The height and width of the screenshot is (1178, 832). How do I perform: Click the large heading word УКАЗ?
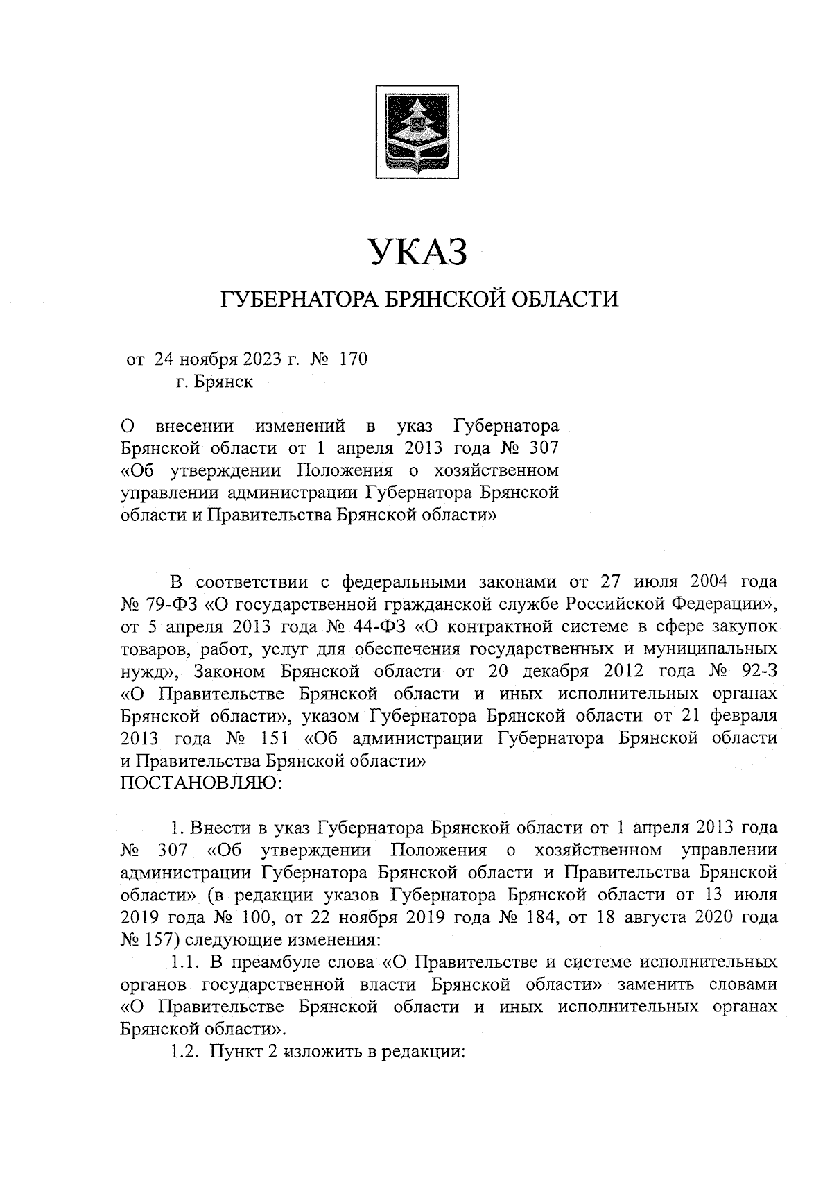click(417, 251)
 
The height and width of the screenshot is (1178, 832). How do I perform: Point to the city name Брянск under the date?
click(224, 382)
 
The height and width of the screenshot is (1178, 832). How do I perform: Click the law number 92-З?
click(756, 672)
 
